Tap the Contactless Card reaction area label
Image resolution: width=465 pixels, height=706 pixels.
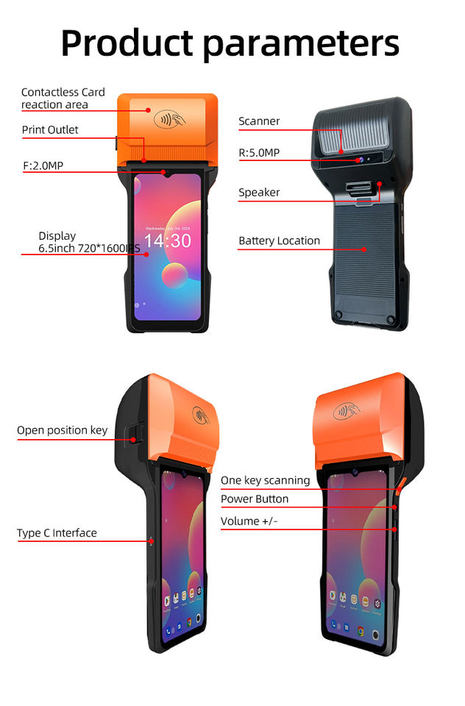point(63,99)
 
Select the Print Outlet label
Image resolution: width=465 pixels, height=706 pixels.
point(50,130)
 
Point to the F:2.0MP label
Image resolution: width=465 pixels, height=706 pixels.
point(43,165)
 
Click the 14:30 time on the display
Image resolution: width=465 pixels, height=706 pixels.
point(167,241)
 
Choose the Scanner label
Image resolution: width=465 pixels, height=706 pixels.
point(259,121)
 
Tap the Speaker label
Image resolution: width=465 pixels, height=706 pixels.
point(259,193)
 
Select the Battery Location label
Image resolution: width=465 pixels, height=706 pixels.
point(279,241)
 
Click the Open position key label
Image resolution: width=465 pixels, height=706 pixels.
point(62,430)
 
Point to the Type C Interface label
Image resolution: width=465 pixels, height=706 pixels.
point(57,533)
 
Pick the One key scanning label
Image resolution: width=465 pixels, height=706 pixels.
point(265,480)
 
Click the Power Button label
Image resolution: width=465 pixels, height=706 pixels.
point(255,499)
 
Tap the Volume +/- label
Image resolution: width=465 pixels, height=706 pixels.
point(249,521)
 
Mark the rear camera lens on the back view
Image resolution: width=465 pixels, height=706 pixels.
point(359,160)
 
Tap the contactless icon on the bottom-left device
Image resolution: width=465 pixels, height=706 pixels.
point(199,415)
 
